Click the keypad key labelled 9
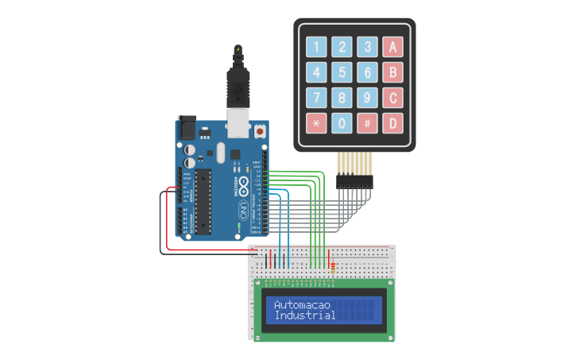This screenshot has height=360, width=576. (x=366, y=99)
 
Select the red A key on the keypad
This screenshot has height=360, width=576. (x=391, y=47)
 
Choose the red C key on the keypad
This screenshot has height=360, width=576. (x=391, y=99)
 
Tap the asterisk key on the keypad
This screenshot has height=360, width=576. (x=317, y=124)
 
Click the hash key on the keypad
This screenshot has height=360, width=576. (x=366, y=124)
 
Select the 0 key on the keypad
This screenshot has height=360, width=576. (x=342, y=124)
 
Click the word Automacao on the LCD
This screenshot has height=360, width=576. (x=302, y=305)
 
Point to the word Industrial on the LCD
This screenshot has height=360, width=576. (x=304, y=315)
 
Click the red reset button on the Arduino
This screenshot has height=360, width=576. (x=260, y=130)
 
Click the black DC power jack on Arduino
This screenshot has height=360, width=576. (x=187, y=126)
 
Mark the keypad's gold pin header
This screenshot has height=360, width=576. (x=354, y=168)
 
